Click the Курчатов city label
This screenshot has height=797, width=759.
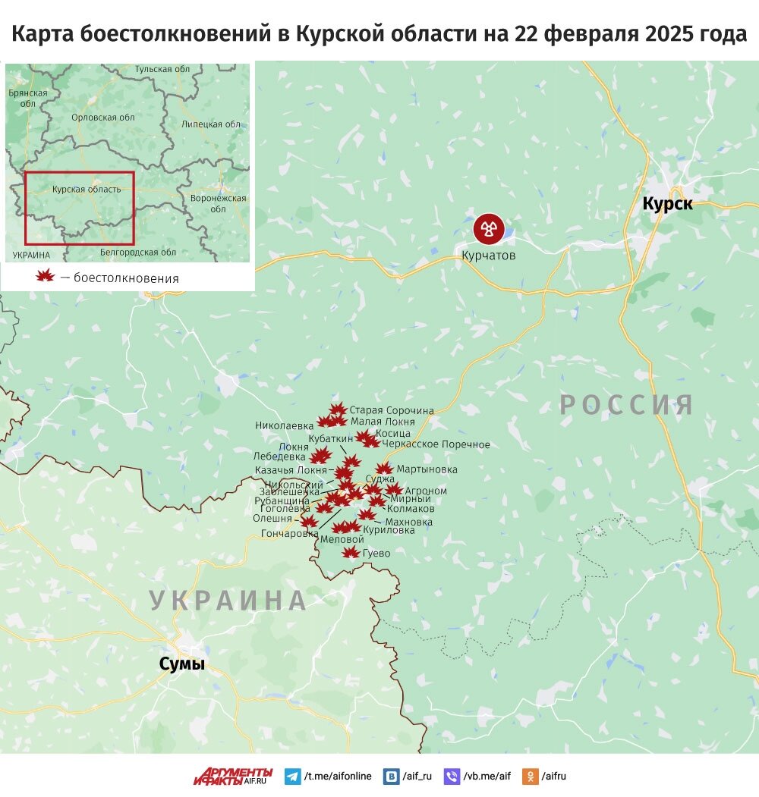tap(488, 256)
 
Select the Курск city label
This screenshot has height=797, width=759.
tap(667, 203)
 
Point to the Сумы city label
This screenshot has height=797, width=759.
tap(182, 664)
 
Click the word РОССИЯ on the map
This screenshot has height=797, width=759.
tap(627, 405)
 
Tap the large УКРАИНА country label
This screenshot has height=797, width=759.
tap(228, 600)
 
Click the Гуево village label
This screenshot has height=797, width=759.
tap(377, 554)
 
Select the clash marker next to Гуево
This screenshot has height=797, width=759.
tap(351, 552)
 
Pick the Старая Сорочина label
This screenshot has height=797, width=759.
tap(392, 410)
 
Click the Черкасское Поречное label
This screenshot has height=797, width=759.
tap(436, 444)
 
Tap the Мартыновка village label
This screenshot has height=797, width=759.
tap(427, 469)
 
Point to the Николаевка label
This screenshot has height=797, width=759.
tap(284, 425)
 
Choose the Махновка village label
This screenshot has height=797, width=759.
tap(409, 522)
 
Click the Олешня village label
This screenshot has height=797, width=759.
tap(272, 519)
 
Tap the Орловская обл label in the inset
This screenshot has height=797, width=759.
tap(102, 118)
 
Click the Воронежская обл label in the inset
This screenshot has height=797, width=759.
tap(219, 203)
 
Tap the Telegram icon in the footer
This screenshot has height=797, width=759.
tap(292, 776)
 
